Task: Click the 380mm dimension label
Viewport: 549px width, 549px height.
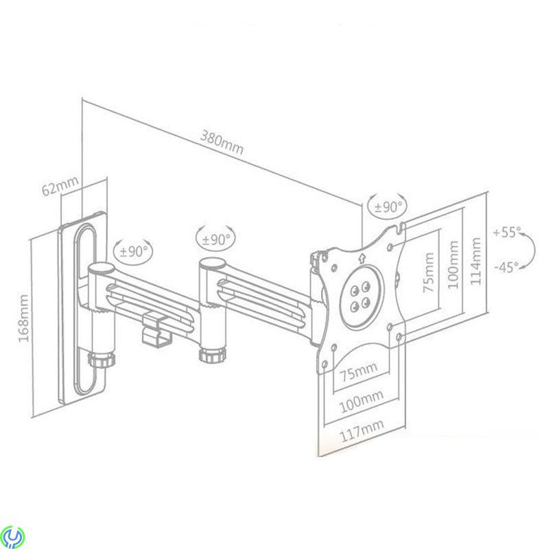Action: (222, 143)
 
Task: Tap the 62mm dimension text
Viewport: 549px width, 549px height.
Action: (60, 186)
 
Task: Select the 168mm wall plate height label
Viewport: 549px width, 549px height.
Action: (23, 318)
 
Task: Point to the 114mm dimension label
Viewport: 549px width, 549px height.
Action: (476, 261)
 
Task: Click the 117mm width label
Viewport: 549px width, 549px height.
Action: (362, 430)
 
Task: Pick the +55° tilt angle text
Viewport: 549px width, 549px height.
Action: (507, 232)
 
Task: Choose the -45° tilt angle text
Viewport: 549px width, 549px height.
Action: (506, 268)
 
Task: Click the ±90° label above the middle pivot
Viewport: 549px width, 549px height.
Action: (216, 240)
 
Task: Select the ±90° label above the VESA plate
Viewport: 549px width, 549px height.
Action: (388, 207)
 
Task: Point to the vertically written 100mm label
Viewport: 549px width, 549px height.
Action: (453, 265)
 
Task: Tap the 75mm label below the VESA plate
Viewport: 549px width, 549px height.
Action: (359, 371)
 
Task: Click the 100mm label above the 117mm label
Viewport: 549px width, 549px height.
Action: (362, 401)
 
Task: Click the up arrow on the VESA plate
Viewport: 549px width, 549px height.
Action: (362, 258)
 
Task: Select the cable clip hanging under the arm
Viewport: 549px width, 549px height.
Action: (156, 329)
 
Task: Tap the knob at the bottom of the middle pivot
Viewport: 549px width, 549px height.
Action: (211, 354)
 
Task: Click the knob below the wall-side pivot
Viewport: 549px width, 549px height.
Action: (102, 359)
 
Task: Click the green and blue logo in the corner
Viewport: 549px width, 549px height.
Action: (12, 536)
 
